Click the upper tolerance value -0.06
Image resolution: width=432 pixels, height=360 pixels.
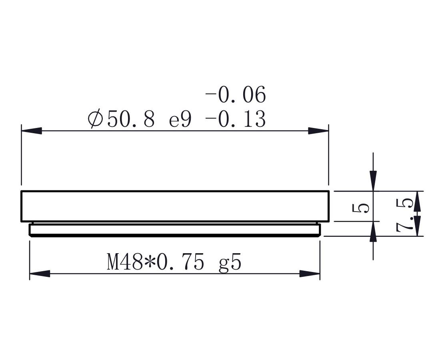click(235, 96)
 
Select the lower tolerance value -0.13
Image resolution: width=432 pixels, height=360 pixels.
click(235, 119)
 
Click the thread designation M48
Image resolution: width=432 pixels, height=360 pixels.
click(125, 263)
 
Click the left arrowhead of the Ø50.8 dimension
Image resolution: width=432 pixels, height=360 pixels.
click(32, 131)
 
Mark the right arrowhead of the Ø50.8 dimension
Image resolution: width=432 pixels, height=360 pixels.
click(318, 131)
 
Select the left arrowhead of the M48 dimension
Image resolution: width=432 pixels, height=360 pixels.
click(40, 274)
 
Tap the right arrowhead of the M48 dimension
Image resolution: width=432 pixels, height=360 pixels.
click(310, 274)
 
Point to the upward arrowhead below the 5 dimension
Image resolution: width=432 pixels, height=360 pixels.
click(373, 232)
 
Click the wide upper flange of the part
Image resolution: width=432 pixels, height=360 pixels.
click(175, 206)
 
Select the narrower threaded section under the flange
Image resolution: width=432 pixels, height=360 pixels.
click(175, 230)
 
